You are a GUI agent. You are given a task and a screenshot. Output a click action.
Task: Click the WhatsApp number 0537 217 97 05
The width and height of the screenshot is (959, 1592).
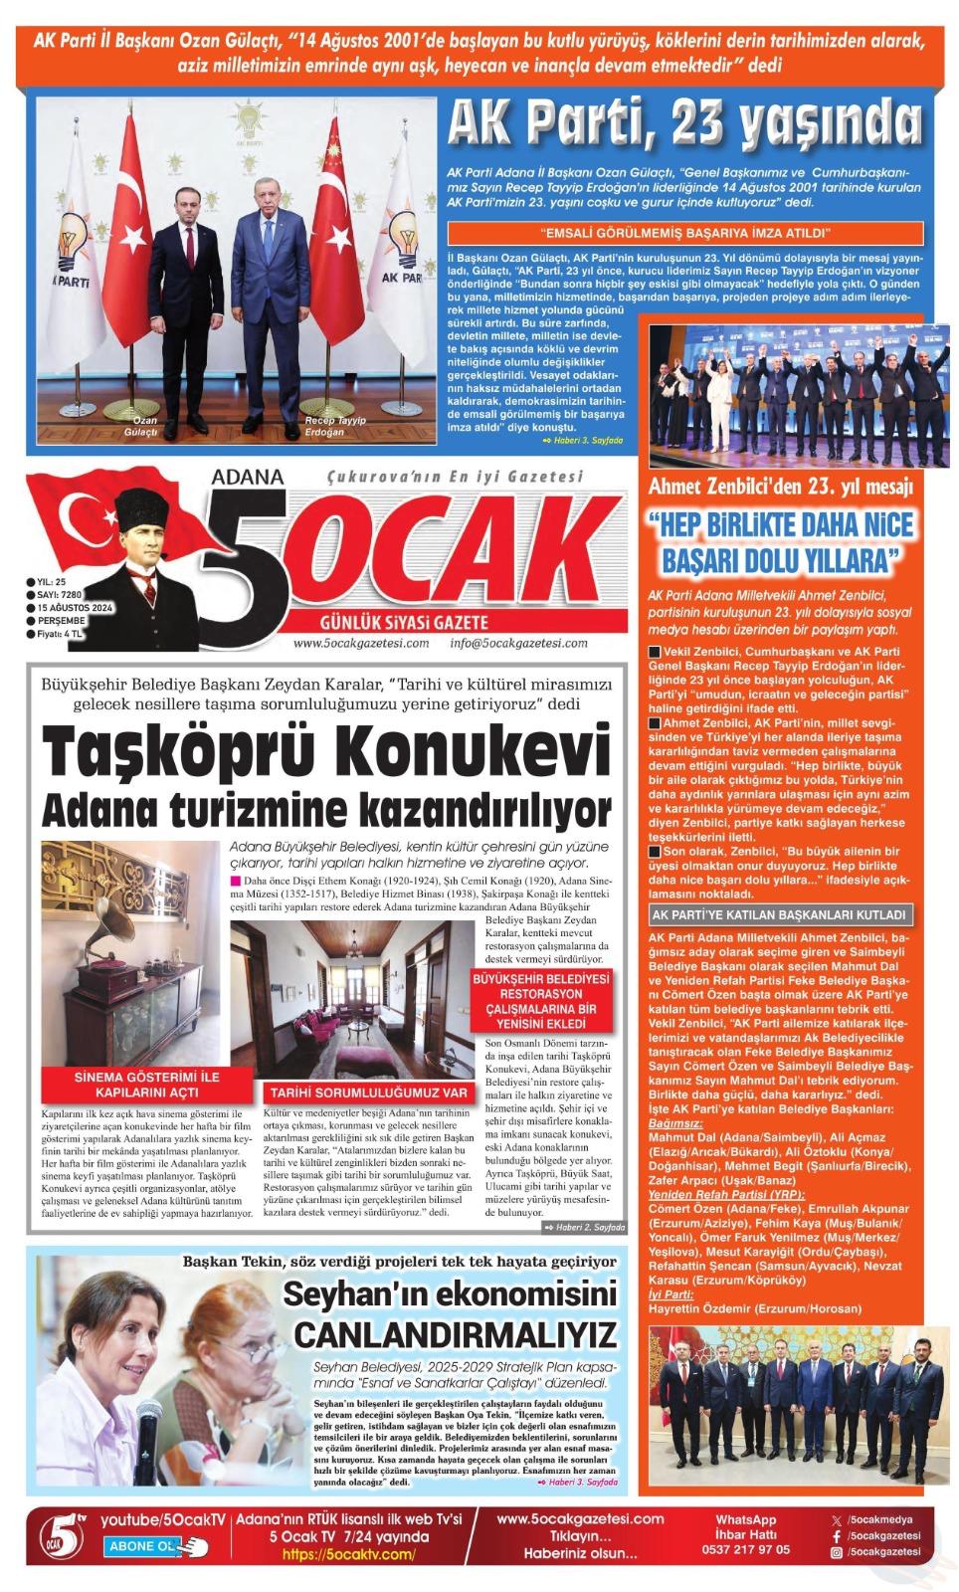pos(745,1549)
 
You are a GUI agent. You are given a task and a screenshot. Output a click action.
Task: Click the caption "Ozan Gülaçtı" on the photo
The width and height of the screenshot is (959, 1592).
pos(145,426)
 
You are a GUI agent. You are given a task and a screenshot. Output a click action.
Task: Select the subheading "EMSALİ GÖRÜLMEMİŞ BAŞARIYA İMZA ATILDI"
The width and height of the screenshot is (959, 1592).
pos(685,234)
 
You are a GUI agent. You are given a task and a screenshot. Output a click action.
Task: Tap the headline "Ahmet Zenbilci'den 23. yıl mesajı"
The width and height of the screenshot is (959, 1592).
pos(780,487)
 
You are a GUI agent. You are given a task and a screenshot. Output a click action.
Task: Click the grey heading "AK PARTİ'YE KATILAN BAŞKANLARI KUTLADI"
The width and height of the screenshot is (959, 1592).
pos(778,914)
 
